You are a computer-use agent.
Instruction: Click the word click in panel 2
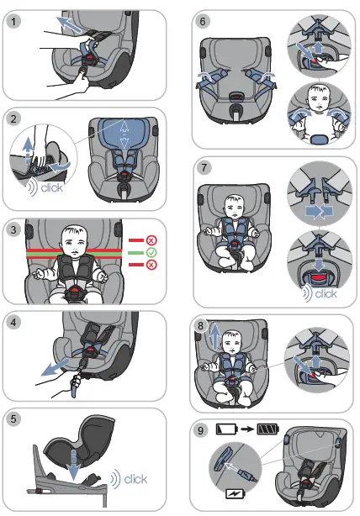(x=51, y=188)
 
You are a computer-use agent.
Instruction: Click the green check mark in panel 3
(x=151, y=251)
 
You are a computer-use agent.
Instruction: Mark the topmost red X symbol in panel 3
(x=151, y=238)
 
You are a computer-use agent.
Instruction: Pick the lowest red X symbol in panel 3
(x=151, y=265)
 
